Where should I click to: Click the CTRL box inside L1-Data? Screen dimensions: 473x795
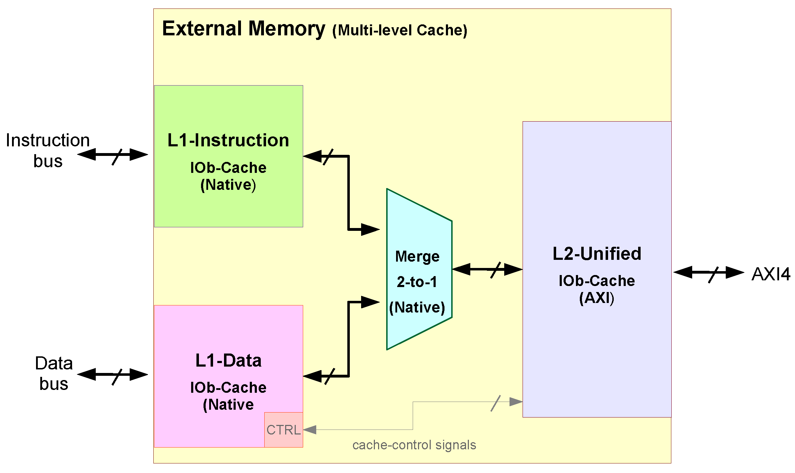pyautogui.click(x=283, y=430)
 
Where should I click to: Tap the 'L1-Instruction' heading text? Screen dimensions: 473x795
pyautogui.click(x=228, y=140)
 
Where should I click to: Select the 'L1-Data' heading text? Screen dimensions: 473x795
pyautogui.click(x=228, y=361)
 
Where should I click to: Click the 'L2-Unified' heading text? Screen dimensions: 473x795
pyautogui.click(x=597, y=253)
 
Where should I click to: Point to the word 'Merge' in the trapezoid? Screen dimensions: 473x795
pyautogui.click(x=417, y=256)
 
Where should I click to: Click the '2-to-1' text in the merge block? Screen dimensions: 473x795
pyautogui.click(x=417, y=282)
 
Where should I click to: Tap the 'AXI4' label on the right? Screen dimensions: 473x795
pyautogui.click(x=771, y=274)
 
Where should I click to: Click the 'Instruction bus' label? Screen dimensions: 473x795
pyautogui.click(x=48, y=151)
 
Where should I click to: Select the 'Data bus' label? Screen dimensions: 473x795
pyautogui.click(x=54, y=373)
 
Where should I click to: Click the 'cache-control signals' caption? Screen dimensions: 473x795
pyautogui.click(x=414, y=445)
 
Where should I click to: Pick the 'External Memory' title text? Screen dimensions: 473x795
pyautogui.click(x=243, y=29)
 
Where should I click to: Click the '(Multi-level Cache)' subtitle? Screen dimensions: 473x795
pyautogui.click(x=400, y=30)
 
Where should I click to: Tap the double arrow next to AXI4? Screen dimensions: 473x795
pyautogui.click(x=709, y=273)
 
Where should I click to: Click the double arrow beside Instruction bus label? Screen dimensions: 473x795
pyautogui.click(x=112, y=154)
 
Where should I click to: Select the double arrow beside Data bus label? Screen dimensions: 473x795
pyautogui.click(x=112, y=374)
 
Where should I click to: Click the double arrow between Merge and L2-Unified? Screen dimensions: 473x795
pyautogui.click(x=487, y=269)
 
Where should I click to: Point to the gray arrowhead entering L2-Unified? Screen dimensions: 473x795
pyautogui.click(x=516, y=402)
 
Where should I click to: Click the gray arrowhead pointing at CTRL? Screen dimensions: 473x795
pyautogui.click(x=310, y=430)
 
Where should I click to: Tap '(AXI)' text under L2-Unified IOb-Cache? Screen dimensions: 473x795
pyautogui.click(x=596, y=298)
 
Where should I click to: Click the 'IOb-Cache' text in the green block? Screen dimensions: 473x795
pyautogui.click(x=228, y=168)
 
